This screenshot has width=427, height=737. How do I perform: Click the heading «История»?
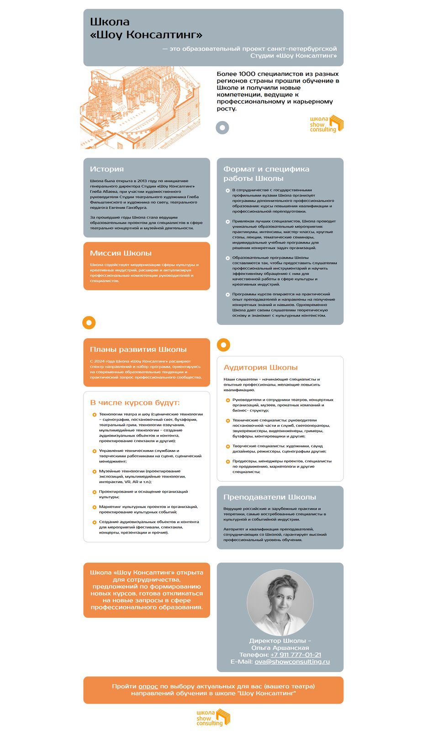coord(107,169)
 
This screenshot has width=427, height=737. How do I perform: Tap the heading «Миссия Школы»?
coord(121,253)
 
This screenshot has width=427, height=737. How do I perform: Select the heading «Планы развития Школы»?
coord(138,350)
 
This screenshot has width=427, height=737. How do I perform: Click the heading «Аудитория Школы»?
coord(260,367)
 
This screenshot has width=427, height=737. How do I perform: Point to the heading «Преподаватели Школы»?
coord(269,497)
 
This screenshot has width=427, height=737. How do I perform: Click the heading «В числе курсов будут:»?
coord(135,403)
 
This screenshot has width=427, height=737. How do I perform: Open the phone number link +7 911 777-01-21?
coord(295,655)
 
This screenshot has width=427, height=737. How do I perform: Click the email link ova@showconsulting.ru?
coord(292,662)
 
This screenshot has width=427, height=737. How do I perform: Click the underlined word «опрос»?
coord(148,686)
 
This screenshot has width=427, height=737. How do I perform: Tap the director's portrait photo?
coord(280,603)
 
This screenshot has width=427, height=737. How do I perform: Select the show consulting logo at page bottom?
coord(213,717)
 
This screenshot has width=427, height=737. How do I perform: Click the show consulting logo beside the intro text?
coord(327,124)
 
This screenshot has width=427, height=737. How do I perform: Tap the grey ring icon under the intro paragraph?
coord(222,127)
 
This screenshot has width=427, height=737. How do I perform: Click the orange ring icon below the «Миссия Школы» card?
coord(89,323)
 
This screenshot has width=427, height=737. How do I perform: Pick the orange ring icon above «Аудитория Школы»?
coord(223,345)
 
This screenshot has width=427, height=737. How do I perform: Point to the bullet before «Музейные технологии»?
coord(95,471)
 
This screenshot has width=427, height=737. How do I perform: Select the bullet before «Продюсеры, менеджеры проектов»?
coord(228,461)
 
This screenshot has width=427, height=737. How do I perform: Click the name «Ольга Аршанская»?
coord(280,648)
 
